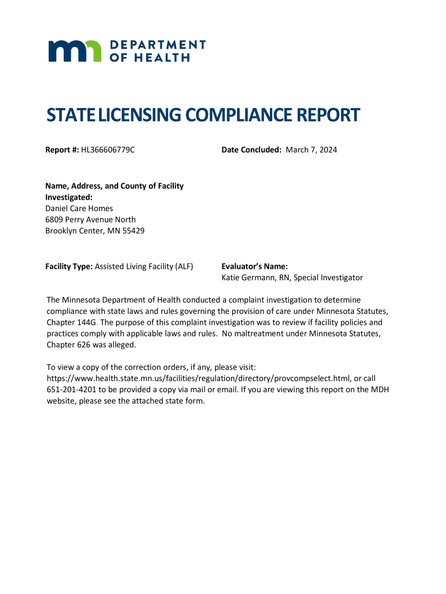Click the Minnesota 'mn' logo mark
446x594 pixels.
(75, 51)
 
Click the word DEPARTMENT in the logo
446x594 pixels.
(158, 45)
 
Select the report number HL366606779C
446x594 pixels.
(108, 150)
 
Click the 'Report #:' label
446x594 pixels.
(62, 150)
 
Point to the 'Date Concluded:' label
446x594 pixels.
(251, 150)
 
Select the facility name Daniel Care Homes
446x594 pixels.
(79, 208)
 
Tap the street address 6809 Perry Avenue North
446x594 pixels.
(90, 220)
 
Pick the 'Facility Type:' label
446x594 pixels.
(69, 266)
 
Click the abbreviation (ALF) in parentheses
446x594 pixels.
(183, 266)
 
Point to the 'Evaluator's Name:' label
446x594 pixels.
(254, 266)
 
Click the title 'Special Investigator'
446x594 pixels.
(328, 278)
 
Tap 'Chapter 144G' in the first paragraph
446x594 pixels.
(72, 323)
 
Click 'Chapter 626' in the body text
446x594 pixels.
(68, 345)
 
